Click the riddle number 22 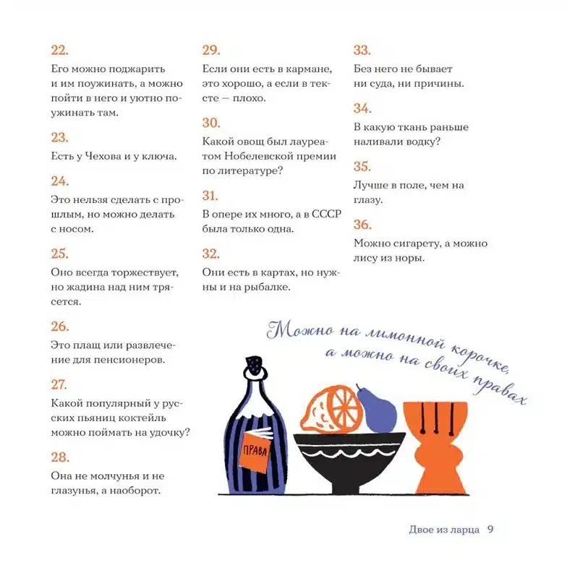59,50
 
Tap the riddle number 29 211,50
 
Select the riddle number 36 362,225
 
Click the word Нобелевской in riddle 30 258,156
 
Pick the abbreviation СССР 326,214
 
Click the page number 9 490,530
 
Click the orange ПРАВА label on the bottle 255,450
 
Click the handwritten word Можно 299,329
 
